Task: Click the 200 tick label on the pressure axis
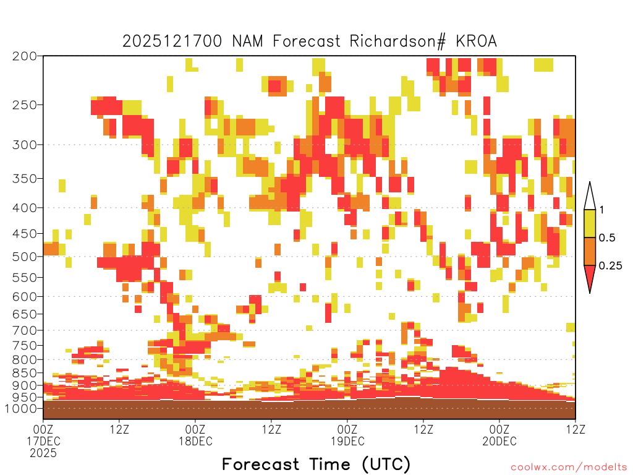click(24, 56)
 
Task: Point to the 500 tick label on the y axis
click(24, 257)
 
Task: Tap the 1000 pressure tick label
click(20, 409)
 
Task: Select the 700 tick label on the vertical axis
click(24, 331)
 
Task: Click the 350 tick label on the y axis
click(24, 179)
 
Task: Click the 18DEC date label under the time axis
click(195, 441)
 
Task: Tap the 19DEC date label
click(347, 441)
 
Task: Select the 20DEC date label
click(499, 441)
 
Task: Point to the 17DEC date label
click(43, 441)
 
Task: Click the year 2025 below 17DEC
click(43, 453)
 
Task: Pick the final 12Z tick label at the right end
click(576, 429)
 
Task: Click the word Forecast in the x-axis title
click(261, 464)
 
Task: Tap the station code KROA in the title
click(477, 41)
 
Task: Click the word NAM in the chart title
click(247, 41)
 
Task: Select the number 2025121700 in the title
click(172, 41)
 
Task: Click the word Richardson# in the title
click(397, 41)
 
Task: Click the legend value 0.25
click(610, 266)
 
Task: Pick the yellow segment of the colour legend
click(590, 224)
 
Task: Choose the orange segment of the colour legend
click(590, 252)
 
